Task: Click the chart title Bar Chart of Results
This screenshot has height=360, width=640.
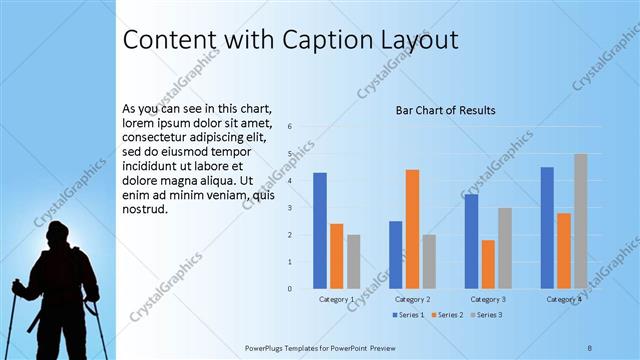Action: coord(445,110)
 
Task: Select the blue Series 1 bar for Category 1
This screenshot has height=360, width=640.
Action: coord(320,230)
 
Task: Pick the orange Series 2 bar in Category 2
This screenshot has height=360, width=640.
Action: coord(412,229)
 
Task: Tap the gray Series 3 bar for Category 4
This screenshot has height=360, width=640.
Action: coord(581,221)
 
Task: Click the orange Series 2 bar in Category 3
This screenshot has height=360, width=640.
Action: coord(488,264)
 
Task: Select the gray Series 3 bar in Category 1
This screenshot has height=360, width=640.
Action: coord(354,262)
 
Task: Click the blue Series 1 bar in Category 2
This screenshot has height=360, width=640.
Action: coord(396,255)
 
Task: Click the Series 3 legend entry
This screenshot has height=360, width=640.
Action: coord(485,315)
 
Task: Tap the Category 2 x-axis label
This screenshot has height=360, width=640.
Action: coord(412,299)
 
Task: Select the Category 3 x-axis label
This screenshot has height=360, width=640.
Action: coord(488,299)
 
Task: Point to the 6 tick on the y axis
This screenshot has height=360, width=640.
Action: coord(289,127)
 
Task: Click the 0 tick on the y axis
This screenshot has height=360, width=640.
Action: coord(289,289)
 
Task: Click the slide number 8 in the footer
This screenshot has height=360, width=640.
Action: coord(590,347)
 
